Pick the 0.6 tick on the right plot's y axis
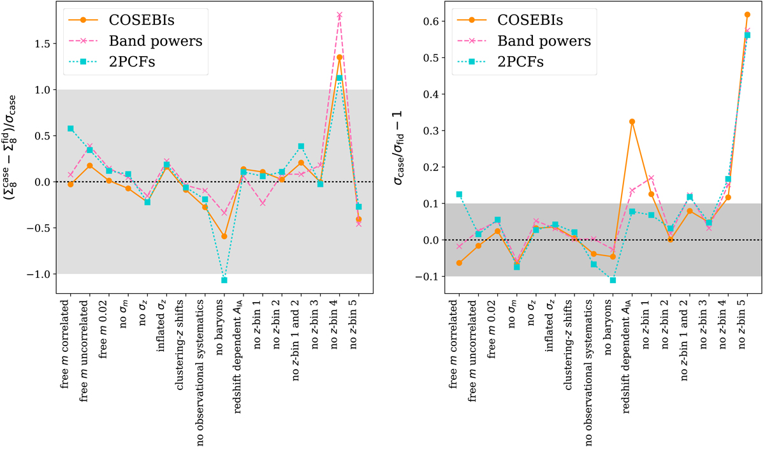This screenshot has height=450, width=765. pos(434,21)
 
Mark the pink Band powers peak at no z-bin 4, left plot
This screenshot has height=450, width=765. pos(339,15)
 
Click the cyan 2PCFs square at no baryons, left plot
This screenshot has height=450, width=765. pos(224,280)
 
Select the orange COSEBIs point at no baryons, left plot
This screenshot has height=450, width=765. pos(224,236)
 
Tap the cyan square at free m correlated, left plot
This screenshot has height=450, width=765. pos(70,129)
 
